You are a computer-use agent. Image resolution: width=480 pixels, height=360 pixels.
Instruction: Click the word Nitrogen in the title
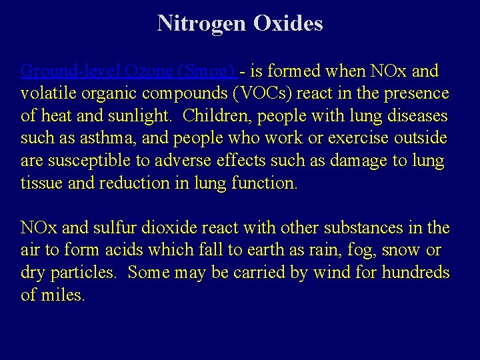tap(202, 23)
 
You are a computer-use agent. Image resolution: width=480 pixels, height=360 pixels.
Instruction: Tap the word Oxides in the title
tap(288, 23)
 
